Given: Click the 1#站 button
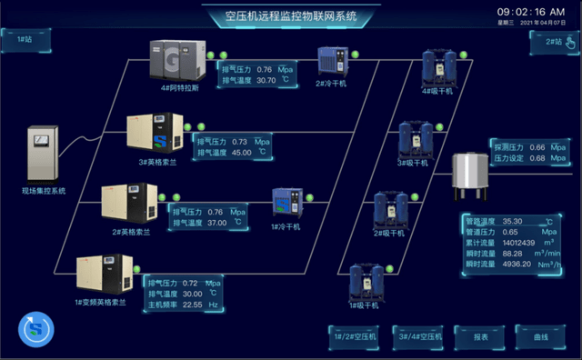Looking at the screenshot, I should pos(23,38).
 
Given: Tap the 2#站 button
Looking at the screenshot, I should pos(551,42).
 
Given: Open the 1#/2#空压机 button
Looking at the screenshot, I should pos(355,336).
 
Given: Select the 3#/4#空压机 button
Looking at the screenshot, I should pos(419,336).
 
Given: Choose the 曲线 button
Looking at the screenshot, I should pos(541,336).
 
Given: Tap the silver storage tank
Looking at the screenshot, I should pos(474,173).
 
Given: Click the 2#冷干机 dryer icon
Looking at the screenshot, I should pos(330,62).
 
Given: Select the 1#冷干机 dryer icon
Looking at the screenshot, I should pos(286,204).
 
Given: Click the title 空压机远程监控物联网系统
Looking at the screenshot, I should pos(291,16).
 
